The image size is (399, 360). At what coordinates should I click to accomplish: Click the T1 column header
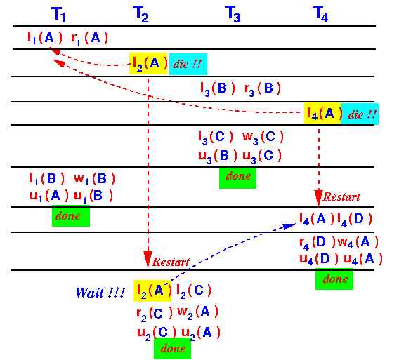[x=58, y=14]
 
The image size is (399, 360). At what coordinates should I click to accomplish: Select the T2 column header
[x=140, y=14]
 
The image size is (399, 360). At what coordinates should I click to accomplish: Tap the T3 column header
[x=233, y=14]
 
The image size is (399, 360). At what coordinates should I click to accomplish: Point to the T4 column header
[x=320, y=14]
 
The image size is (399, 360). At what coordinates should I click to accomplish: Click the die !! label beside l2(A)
[x=188, y=64]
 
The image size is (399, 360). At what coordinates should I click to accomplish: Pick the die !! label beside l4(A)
[x=360, y=114]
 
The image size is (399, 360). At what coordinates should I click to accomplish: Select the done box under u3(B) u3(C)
[x=237, y=178]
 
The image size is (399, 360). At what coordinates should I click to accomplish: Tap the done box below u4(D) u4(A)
[x=334, y=279]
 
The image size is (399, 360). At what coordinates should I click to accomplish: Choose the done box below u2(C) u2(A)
[x=172, y=348]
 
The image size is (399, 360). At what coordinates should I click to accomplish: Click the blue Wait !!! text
[x=100, y=293]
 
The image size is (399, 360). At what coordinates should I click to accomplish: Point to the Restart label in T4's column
[x=341, y=196]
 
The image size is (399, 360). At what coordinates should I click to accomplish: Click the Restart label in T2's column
[x=171, y=262]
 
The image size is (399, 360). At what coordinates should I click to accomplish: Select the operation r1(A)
[x=90, y=38]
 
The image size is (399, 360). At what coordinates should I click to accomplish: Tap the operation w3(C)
[x=263, y=138]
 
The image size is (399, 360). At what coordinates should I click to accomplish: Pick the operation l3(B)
[x=218, y=89]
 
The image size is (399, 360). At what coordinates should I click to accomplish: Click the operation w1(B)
[x=94, y=179]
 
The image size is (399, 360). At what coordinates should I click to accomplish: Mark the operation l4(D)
[x=355, y=220]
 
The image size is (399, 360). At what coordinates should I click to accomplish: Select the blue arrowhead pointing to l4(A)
[x=290, y=226]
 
